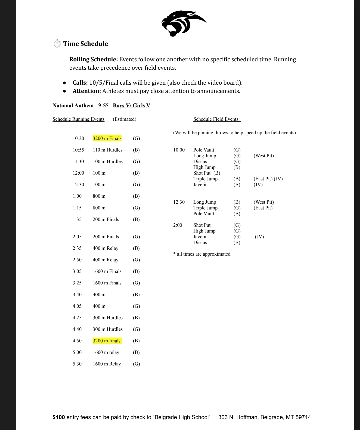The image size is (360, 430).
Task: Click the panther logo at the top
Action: [x=183, y=23]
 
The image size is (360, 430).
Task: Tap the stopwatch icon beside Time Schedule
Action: [x=57, y=44]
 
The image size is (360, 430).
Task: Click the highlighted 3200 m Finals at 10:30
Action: [x=107, y=138]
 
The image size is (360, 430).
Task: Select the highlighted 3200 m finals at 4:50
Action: [x=107, y=341]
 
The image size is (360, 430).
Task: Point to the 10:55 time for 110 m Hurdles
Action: [x=78, y=150]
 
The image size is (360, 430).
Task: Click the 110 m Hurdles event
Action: [x=108, y=150]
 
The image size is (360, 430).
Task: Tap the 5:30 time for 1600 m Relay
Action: [x=77, y=364]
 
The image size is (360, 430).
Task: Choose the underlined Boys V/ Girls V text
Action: [x=131, y=106]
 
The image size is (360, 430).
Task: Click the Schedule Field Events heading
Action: [x=217, y=119]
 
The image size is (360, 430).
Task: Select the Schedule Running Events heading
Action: [x=78, y=119]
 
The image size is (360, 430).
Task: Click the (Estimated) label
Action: [x=125, y=119]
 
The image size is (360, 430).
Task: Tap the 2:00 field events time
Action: [x=178, y=225]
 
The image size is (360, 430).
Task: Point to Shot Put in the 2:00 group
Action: [x=202, y=225]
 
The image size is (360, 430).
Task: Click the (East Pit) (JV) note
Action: [x=268, y=179]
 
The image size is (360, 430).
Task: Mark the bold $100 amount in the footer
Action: [x=59, y=417]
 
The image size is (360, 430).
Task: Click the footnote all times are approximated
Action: [x=202, y=254]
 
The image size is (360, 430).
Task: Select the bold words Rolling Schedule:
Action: [x=93, y=59]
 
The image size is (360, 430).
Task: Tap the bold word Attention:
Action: [x=87, y=91]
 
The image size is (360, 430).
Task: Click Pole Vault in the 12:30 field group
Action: [x=204, y=214]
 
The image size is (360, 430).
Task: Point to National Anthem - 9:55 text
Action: [x=80, y=106]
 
